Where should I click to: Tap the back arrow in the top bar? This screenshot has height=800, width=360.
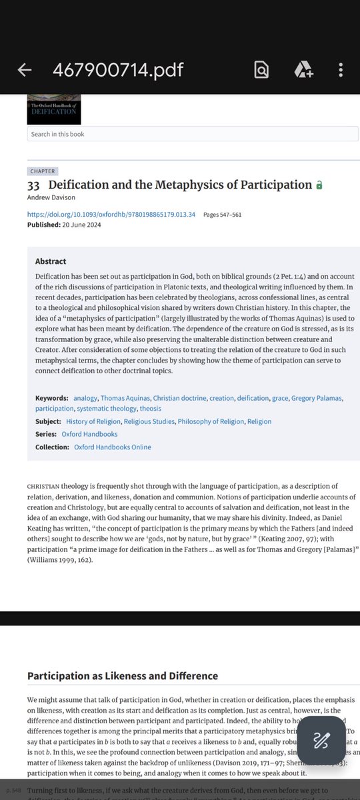coord(25,70)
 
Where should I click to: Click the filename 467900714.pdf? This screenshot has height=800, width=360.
coord(118,70)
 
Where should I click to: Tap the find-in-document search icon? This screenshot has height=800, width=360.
coord(261,70)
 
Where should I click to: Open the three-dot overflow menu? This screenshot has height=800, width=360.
coord(341,70)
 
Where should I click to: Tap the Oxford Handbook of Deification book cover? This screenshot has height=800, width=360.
coord(53,109)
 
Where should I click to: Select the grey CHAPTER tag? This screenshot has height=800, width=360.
coord(43,171)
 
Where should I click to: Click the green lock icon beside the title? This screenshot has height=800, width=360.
coord(319,185)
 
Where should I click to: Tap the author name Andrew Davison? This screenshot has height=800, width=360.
coord(51,198)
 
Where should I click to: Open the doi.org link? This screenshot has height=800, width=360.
coord(111,215)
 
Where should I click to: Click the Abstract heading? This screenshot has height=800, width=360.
coord(51,262)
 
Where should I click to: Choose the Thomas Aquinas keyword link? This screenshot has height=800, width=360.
coord(125,398)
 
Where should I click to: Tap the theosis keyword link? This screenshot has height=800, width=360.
coord(150,408)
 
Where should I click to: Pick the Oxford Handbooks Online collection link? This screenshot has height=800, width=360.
coord(113,447)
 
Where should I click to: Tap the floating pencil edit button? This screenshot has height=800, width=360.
coord(322,740)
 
